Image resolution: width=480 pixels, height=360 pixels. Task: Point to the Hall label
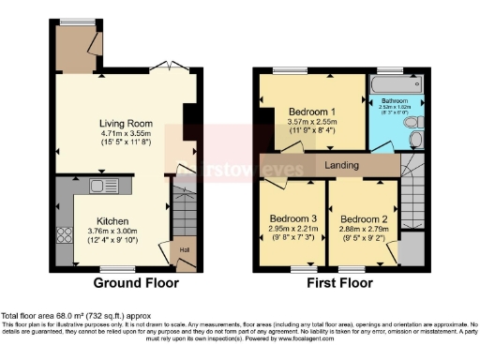184,250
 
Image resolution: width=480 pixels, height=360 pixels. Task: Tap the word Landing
344,166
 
